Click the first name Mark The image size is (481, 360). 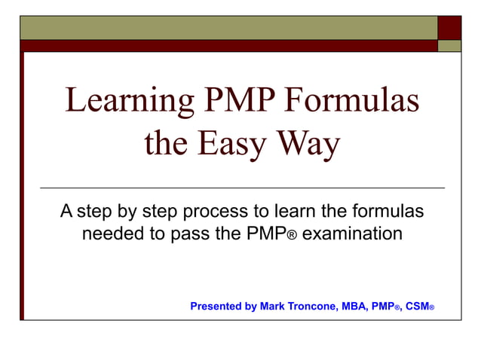[x=272, y=307]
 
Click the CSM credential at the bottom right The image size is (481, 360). [x=416, y=307]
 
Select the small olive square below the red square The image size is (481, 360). [x=449, y=45]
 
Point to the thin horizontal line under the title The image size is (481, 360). [x=241, y=187]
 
